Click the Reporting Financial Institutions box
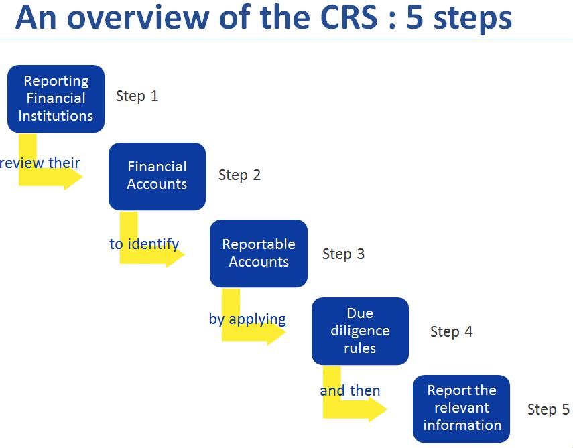coord(56,98)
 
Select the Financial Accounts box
coord(157,176)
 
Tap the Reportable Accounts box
coord(259,253)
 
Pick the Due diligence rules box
coord(360,331)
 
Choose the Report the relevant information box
coord(462,408)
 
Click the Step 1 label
coord(137,96)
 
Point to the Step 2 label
coord(239,175)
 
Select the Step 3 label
coord(343,254)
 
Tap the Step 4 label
coord(451,331)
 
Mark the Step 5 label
coord(548,409)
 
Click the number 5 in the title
coord(415,18)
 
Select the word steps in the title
coord(472,18)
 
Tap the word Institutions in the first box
coord(56,115)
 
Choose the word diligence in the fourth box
coord(360,331)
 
